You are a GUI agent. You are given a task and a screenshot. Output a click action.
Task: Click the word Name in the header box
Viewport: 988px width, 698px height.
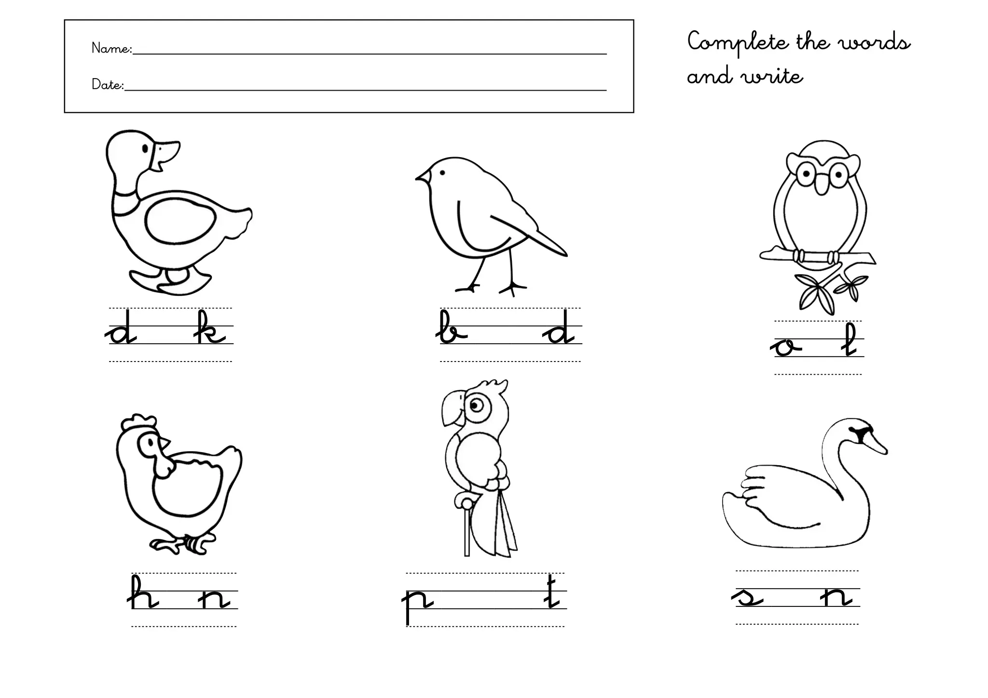[110, 48]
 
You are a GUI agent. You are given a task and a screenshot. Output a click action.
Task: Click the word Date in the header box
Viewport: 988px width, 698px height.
[107, 84]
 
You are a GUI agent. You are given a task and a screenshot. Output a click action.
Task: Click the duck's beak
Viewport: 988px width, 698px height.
[167, 154]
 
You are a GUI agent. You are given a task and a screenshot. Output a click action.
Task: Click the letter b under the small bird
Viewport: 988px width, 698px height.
[452, 328]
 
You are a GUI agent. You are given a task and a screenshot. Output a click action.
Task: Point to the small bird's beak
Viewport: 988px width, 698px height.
[422, 177]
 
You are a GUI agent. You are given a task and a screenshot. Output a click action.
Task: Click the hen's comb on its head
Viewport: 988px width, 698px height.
[139, 422]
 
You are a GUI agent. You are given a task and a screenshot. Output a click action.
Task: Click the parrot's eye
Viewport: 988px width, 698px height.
[477, 405]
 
